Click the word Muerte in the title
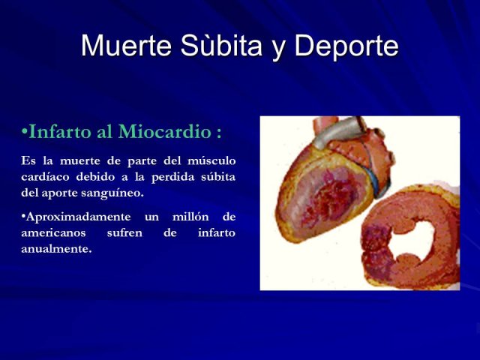(126, 45)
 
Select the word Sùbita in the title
(221, 45)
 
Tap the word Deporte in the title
(346, 45)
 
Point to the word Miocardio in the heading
(165, 132)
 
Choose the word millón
(190, 217)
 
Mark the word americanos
(53, 233)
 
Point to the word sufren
(124, 233)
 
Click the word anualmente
(56, 249)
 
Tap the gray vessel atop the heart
(340, 132)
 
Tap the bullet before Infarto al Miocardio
(25, 132)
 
